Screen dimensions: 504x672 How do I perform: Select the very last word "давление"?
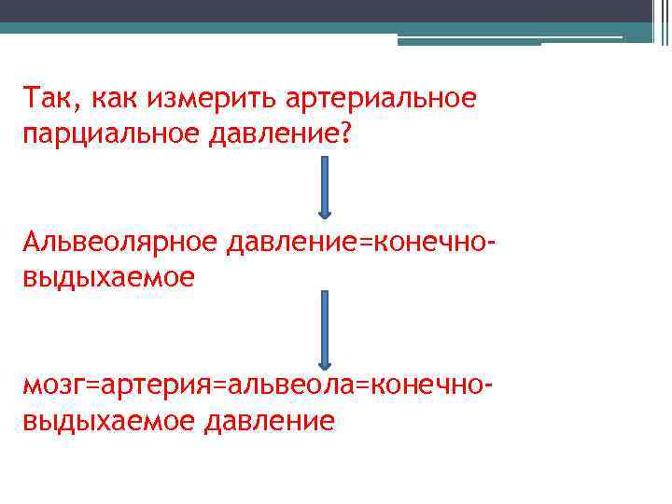tap(270, 421)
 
